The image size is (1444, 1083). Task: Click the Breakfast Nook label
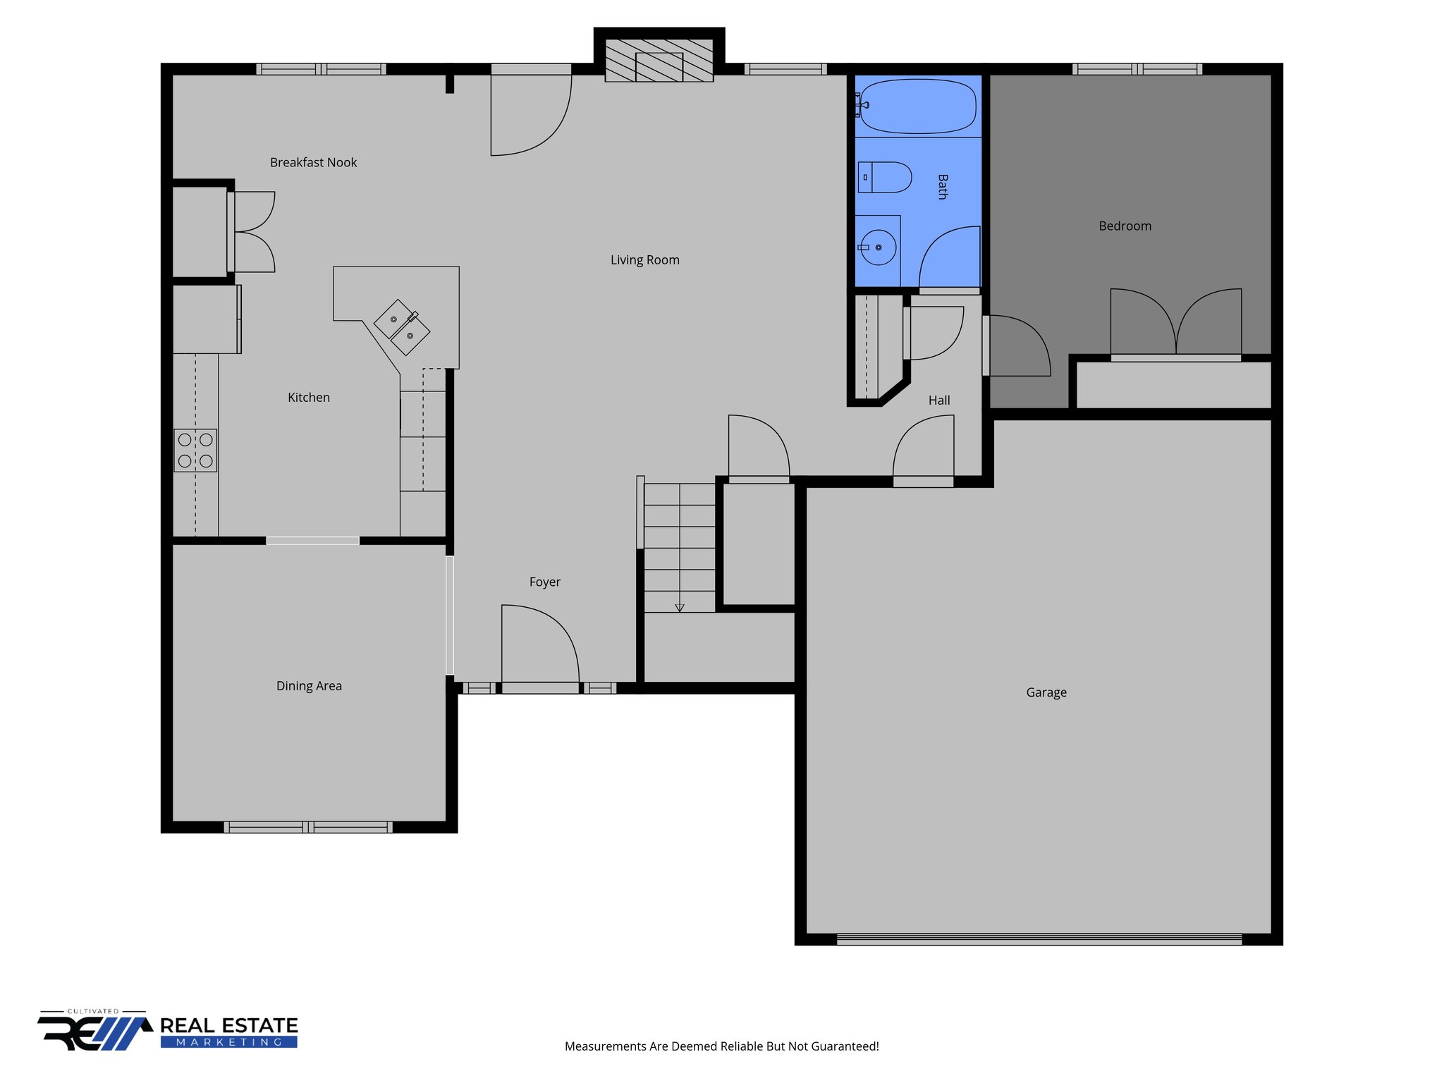(313, 163)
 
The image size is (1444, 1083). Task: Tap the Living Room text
(644, 260)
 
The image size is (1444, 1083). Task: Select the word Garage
(1046, 692)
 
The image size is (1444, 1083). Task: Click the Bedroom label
(1125, 226)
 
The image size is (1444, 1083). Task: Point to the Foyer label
(544, 582)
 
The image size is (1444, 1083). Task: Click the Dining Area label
(309, 686)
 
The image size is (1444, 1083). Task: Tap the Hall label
(938, 400)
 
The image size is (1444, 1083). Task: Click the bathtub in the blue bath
(918, 106)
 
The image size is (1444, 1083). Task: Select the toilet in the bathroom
(886, 178)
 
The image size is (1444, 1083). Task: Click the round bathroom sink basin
(879, 247)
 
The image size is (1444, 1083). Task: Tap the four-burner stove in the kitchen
(195, 451)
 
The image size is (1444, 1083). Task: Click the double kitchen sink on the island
(402, 327)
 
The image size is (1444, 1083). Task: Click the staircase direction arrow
(680, 606)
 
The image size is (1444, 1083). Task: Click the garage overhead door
(1039, 939)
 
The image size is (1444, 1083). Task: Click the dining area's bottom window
(308, 827)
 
